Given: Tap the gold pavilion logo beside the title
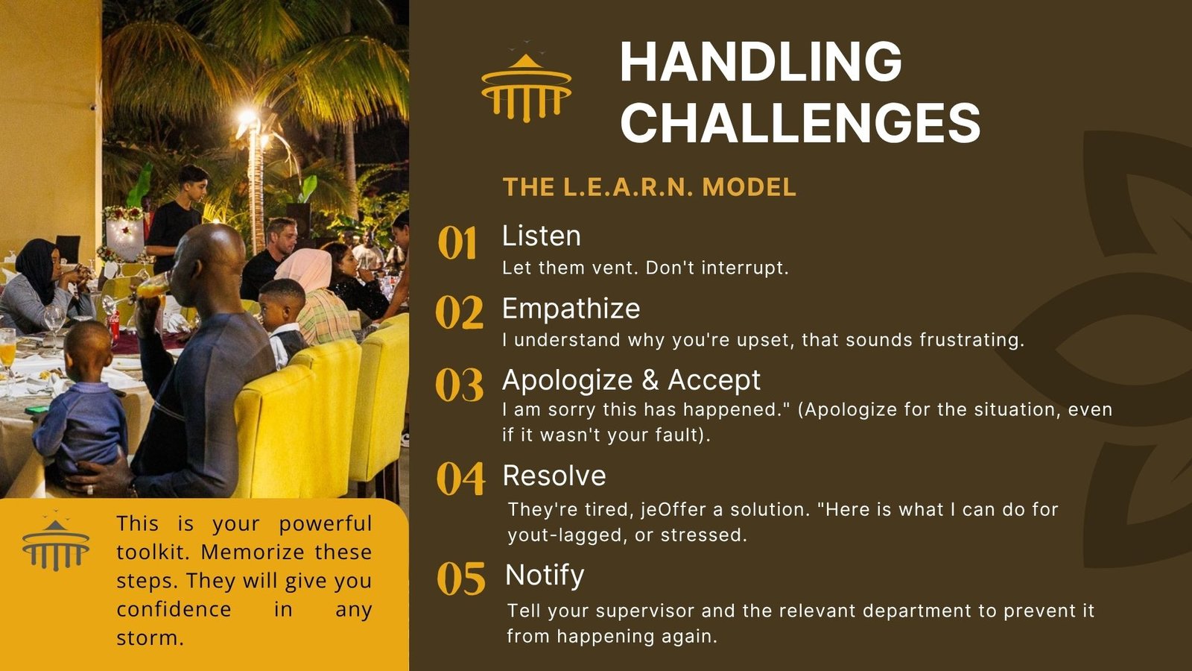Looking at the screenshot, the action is pyautogui.click(x=526, y=83).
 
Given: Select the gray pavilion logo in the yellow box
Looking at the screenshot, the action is pyautogui.click(x=56, y=541).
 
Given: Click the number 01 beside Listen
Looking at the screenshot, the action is pyautogui.click(x=457, y=243).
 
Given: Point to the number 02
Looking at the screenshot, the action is pyautogui.click(x=459, y=313).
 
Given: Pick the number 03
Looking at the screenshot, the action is pyautogui.click(x=459, y=385).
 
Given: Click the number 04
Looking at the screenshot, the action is pyautogui.click(x=461, y=479).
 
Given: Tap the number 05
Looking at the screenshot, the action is pyautogui.click(x=461, y=579).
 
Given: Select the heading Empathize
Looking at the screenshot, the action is pyautogui.click(x=571, y=309).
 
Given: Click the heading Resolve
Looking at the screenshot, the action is pyautogui.click(x=554, y=476).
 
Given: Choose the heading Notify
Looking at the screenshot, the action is pyautogui.click(x=545, y=576).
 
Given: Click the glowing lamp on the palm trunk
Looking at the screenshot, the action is pyautogui.click(x=248, y=116).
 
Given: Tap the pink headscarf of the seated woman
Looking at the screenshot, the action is pyautogui.click(x=305, y=268).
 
